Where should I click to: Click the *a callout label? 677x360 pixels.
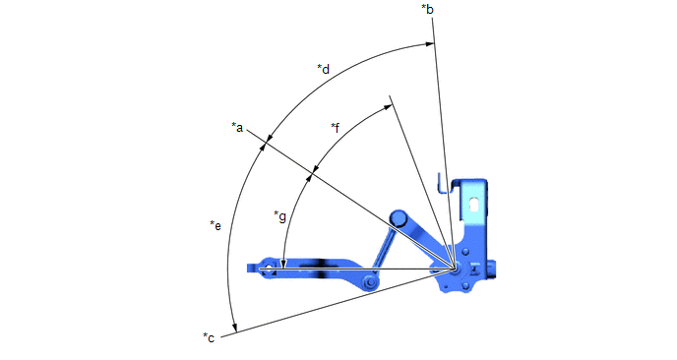[237, 127]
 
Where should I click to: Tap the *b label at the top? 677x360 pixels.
[427, 9]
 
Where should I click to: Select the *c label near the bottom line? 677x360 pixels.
[209, 337]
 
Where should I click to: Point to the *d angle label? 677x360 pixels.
[324, 69]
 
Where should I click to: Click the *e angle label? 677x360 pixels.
[215, 225]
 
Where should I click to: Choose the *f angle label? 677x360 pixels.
[335, 128]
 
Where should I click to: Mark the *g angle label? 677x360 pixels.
[279, 215]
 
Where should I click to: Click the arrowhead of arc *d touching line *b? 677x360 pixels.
[429, 43]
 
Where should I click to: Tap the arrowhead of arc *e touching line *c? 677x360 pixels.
[234, 329]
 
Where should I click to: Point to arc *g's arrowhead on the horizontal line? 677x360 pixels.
[282, 265]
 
